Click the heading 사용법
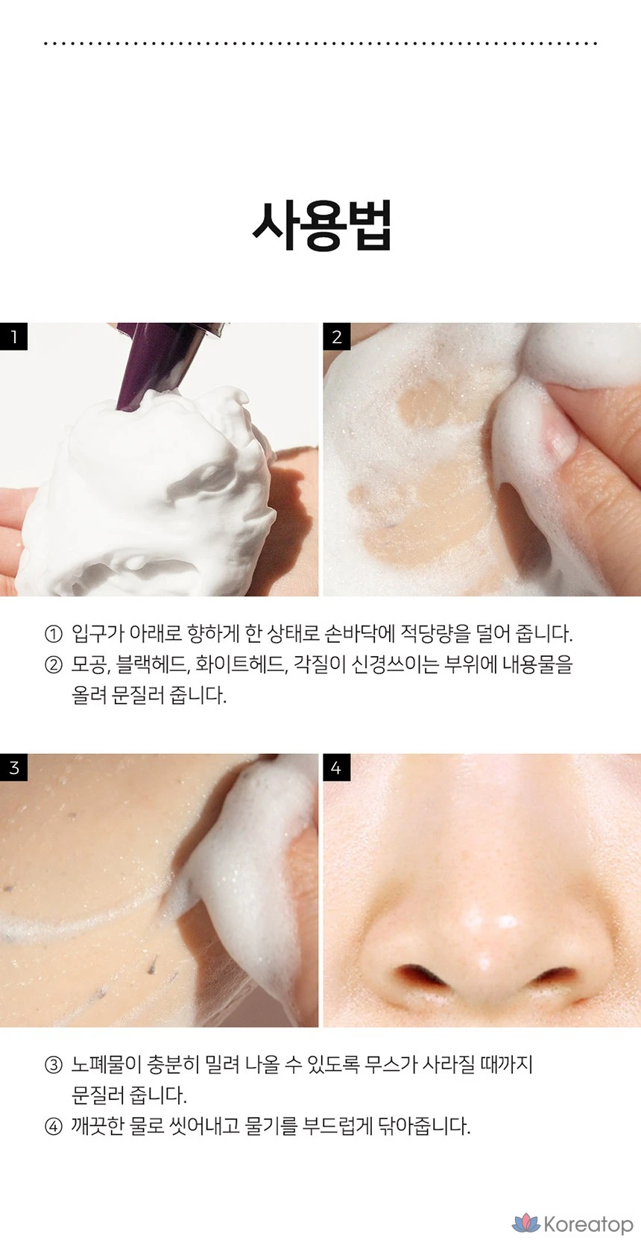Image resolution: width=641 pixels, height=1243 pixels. pos(321,225)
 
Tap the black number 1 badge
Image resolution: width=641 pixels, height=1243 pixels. pos(14,336)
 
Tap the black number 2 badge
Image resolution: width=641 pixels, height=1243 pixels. pos(337,336)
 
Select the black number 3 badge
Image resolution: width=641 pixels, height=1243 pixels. pos(14,767)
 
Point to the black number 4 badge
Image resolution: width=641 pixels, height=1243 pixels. pos(337,767)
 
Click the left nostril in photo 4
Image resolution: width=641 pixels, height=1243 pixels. pos(419,974)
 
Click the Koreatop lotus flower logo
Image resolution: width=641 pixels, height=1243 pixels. pos(525,1223)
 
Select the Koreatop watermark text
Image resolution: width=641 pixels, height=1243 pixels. pos(588,1224)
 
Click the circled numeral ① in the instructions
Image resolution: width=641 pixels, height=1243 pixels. pos(53,634)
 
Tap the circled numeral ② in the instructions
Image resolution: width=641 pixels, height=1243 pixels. pos(53,665)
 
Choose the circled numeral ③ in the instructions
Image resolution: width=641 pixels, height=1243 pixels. pos(53,1065)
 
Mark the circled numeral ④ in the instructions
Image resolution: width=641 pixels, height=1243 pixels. pos(53,1127)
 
